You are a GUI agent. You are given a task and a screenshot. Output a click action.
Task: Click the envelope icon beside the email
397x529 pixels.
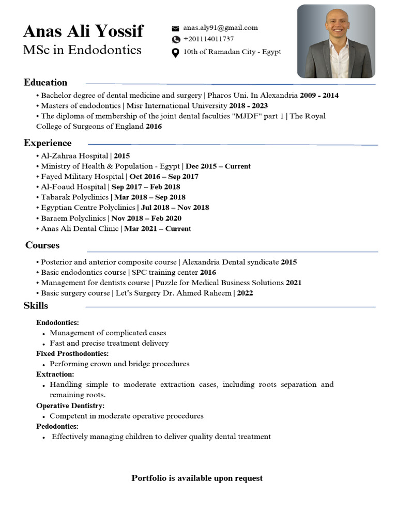point(175,28)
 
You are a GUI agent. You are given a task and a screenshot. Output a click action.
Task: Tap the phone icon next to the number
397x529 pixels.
point(176,39)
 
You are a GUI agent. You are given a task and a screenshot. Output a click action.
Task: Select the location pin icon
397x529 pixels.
point(175,53)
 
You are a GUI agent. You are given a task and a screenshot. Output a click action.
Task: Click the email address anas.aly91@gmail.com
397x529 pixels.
point(220,28)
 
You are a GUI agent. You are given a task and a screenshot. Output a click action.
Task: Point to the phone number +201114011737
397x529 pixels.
point(208,39)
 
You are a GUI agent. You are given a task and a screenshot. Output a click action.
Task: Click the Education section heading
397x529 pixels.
point(45,83)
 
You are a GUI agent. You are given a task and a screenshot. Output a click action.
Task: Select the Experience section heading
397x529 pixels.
point(48,143)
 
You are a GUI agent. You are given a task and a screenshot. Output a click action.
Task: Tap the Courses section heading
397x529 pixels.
point(42,245)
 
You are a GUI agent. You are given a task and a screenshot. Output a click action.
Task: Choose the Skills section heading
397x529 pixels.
point(36,306)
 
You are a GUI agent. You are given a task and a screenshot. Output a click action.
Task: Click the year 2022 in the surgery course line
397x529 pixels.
point(245,293)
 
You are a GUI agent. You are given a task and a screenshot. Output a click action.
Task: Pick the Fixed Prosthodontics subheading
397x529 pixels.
point(72,354)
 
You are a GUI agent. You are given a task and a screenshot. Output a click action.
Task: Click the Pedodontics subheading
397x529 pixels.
point(57,427)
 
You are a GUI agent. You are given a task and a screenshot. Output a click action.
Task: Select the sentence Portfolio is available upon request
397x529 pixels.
point(197,478)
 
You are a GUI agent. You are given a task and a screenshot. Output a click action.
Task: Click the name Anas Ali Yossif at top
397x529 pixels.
point(83,32)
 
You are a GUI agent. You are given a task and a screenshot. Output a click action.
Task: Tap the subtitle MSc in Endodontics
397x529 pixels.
point(82,50)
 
